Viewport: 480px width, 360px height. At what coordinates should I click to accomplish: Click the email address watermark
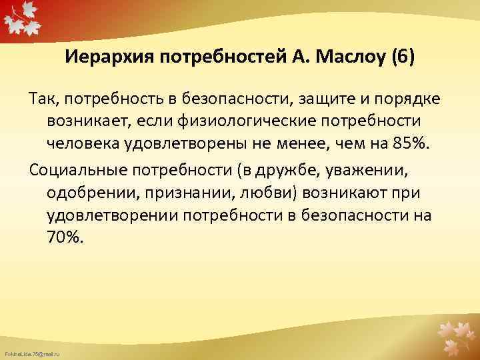pyautogui.click(x=32, y=351)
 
